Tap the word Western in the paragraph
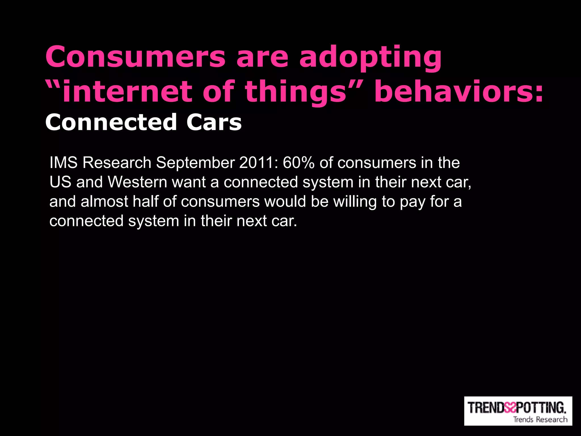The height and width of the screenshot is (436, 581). (137, 182)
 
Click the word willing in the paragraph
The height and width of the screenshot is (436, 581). (355, 202)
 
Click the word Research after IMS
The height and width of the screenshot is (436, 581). (117, 163)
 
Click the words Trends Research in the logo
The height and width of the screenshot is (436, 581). (540, 419)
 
